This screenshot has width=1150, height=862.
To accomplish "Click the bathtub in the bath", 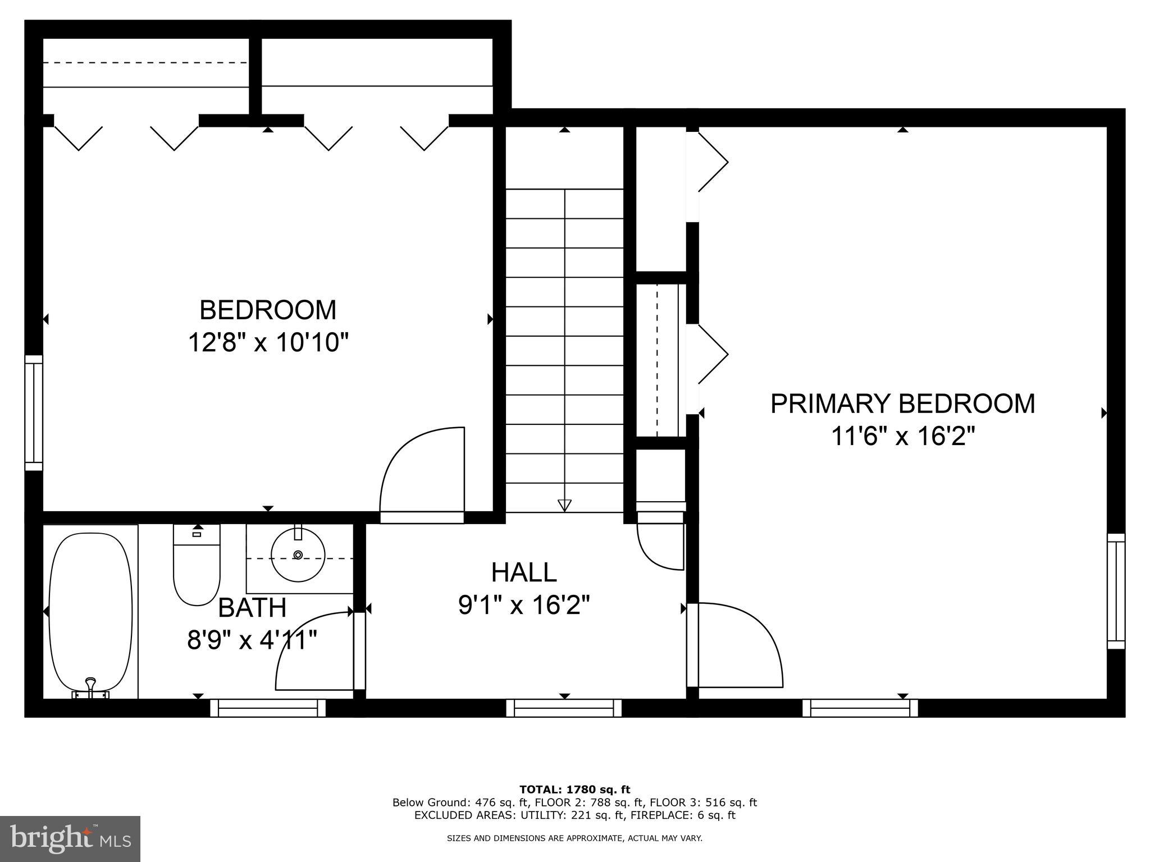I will point(90,612).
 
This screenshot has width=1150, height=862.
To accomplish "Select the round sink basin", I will point(298,554).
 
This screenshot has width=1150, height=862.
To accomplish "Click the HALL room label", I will point(524,572).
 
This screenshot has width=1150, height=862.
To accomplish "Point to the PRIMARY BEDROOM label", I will point(902,404).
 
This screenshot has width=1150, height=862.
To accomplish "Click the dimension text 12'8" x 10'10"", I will point(268,342).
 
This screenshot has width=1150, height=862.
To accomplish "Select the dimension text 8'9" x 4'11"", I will point(252,639).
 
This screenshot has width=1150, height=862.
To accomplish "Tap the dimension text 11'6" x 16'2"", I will point(902,436).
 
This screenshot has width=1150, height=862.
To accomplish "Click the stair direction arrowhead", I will point(564,505).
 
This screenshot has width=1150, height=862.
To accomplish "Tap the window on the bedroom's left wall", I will point(34,412).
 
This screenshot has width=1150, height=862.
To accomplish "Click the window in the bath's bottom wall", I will point(268,708).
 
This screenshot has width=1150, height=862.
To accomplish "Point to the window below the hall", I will point(564,708).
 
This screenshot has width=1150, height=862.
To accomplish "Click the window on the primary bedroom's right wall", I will point(1116,591).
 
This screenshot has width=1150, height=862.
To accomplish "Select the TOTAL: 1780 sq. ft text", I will point(574,790).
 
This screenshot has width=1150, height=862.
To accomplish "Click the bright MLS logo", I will point(70,839).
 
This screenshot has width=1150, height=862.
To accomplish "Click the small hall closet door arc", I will point(657,550).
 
